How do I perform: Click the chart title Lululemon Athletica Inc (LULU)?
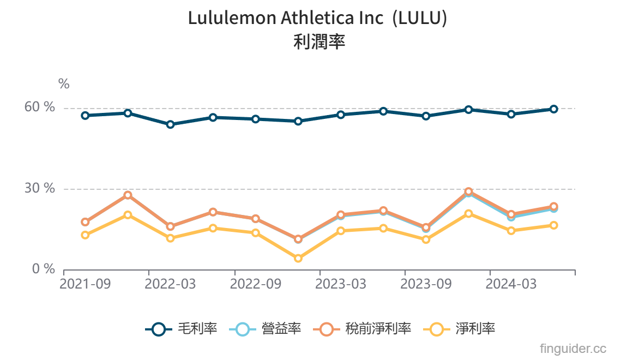click(318, 18)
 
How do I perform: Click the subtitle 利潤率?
click(319, 42)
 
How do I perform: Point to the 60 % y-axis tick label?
click(40, 107)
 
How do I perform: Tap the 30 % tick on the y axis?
click(40, 189)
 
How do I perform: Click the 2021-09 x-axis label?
click(85, 284)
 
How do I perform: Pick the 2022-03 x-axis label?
click(170, 284)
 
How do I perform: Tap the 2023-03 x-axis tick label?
click(341, 284)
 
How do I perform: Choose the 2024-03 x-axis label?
click(511, 284)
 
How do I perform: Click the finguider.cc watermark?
click(573, 348)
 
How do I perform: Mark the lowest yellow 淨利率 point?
click(298, 259)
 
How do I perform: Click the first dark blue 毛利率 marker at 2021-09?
click(85, 116)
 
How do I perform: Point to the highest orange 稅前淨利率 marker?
click(468, 192)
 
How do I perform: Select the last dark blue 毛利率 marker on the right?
click(553, 109)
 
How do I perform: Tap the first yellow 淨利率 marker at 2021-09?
click(85, 235)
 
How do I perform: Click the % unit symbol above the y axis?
click(64, 84)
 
